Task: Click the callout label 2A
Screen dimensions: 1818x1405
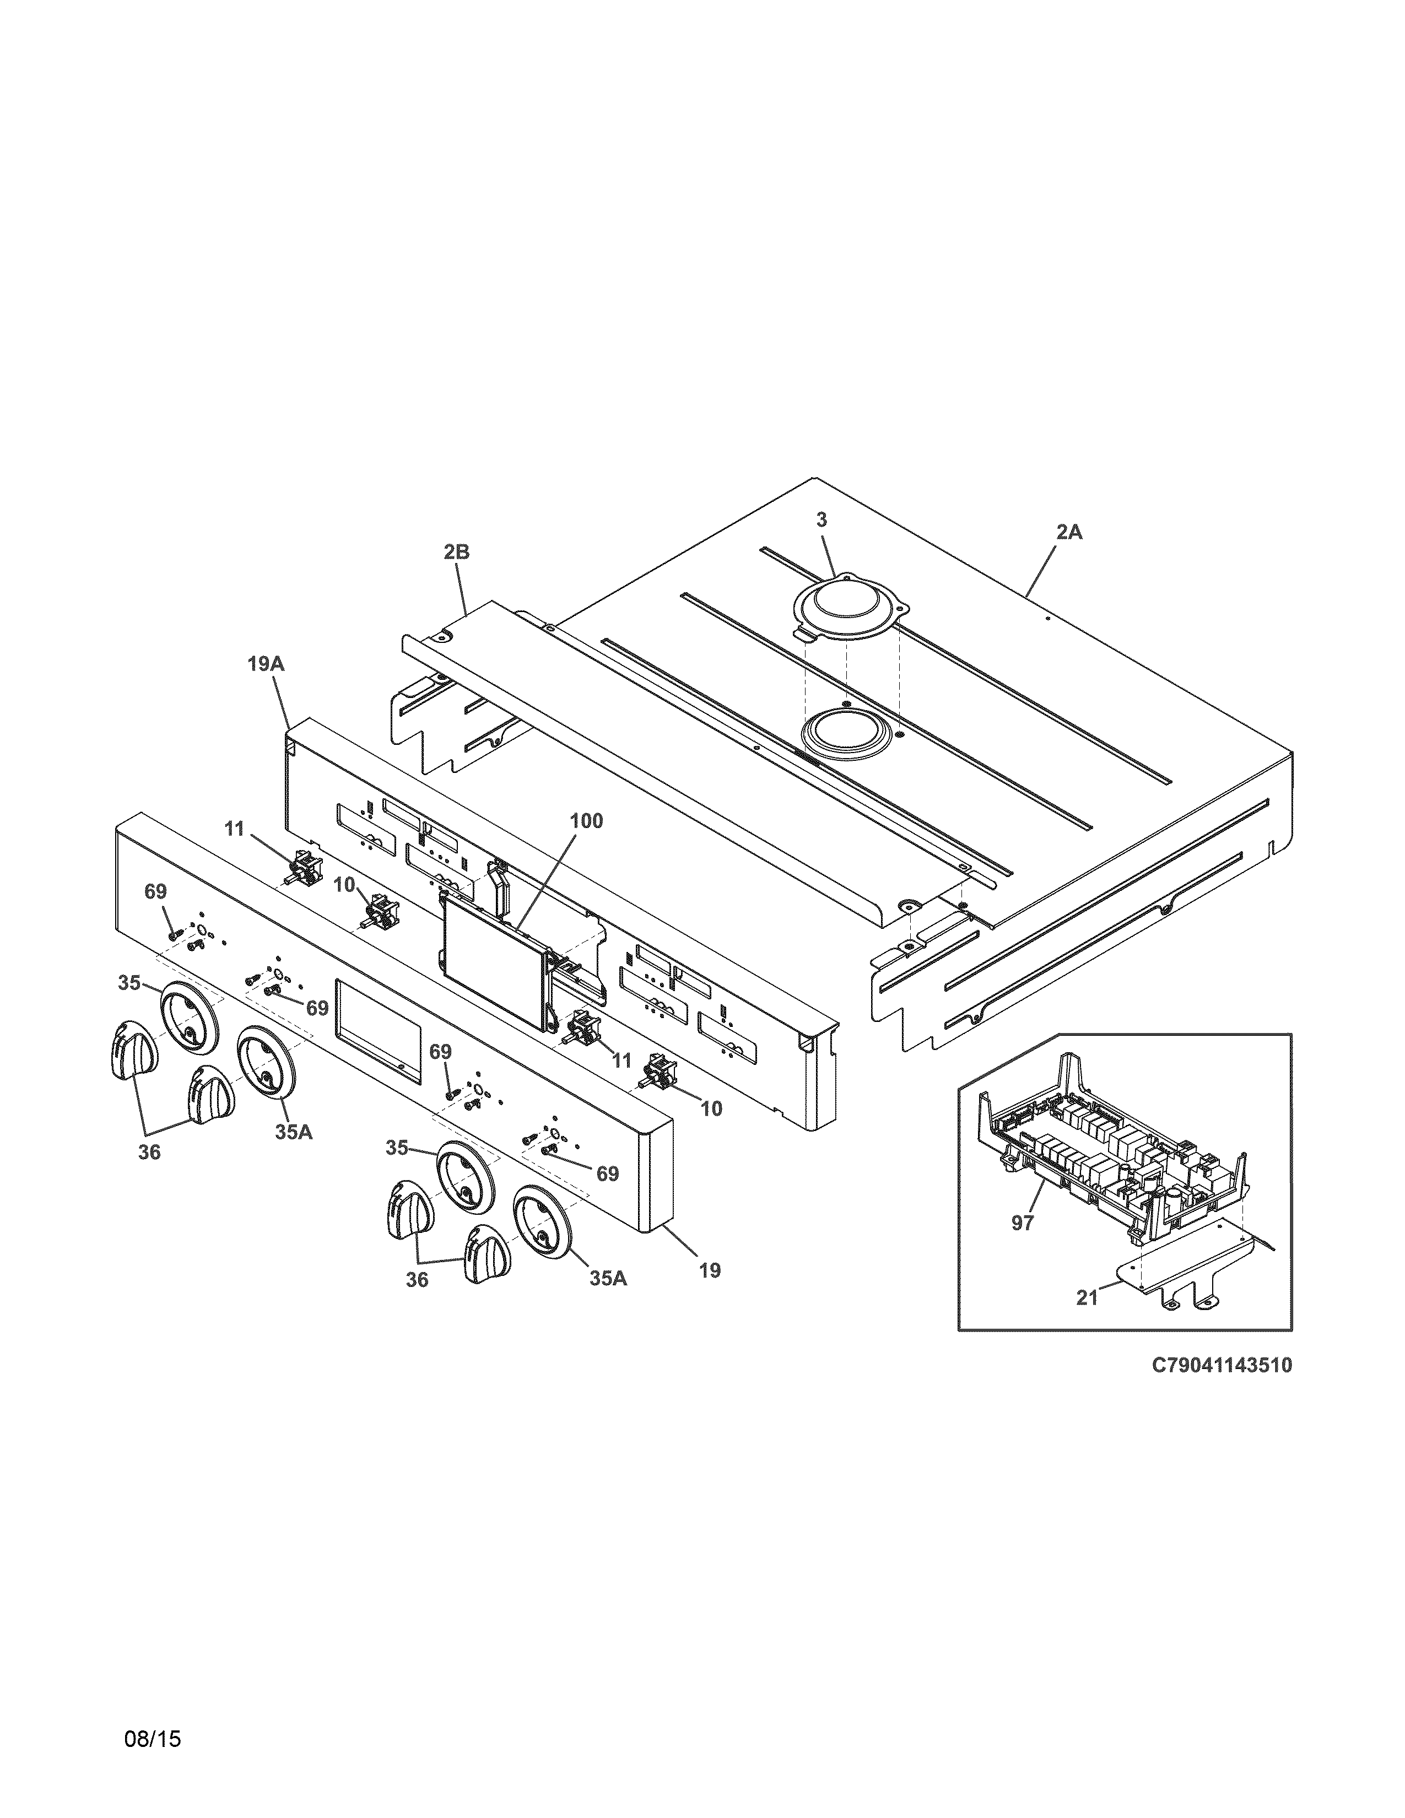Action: coord(1069,532)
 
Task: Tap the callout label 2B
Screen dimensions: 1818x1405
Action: coord(456,552)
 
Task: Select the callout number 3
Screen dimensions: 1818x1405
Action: coord(822,520)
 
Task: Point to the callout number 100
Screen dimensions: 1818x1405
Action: coord(586,821)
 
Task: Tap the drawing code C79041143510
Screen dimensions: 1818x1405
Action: coord(1221,1365)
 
